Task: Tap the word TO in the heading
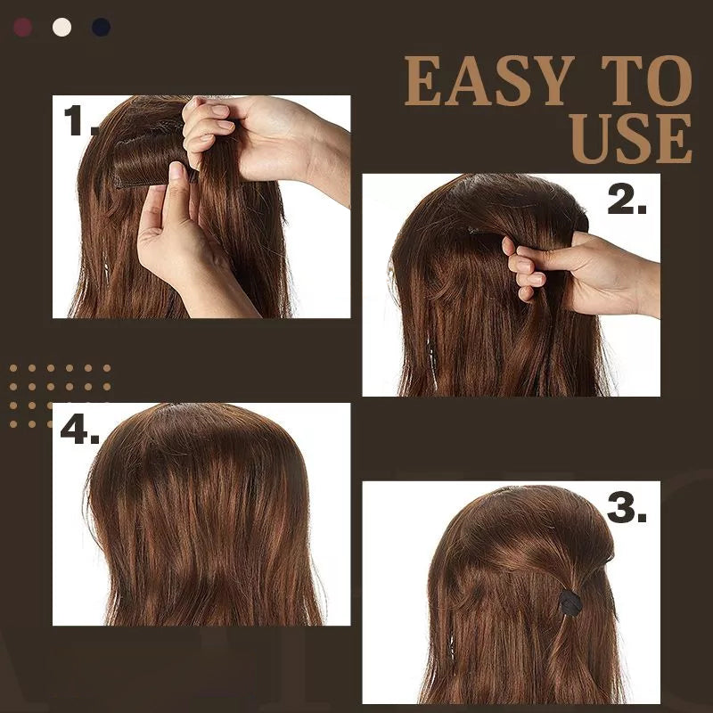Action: click(x=640, y=82)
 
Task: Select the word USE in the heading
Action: click(x=631, y=139)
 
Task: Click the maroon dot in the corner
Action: click(x=22, y=27)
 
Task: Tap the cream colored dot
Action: click(x=61, y=27)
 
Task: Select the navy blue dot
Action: click(x=101, y=27)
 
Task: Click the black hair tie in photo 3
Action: click(x=570, y=602)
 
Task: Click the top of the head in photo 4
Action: click(x=192, y=419)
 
